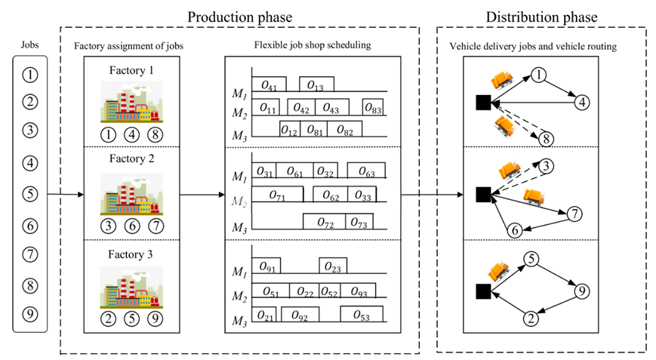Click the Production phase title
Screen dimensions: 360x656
click(x=239, y=17)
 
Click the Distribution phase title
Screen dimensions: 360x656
click(x=541, y=17)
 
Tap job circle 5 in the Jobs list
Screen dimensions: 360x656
click(x=29, y=193)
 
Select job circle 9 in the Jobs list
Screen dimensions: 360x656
click(x=29, y=314)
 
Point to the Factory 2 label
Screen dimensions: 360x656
click(x=131, y=159)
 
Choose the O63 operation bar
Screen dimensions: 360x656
click(x=366, y=174)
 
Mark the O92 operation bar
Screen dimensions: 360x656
click(x=300, y=316)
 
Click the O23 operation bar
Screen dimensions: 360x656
click(x=333, y=266)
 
